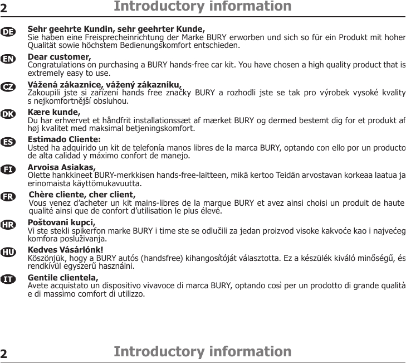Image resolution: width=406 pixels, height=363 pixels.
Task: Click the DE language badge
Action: coord(8,32)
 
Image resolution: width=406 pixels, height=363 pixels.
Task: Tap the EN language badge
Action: coord(8,59)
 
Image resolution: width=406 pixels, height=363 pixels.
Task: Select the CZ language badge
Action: coord(8,87)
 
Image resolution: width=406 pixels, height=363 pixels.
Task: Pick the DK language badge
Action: coord(8,114)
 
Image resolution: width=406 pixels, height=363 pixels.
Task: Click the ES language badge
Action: coord(8,142)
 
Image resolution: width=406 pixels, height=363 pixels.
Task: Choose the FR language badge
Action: coord(8,197)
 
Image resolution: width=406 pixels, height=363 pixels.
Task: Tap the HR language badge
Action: coord(8,225)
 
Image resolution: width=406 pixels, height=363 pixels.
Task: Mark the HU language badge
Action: coord(8,252)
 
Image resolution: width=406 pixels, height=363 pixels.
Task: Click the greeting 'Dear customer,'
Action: coord(59,57)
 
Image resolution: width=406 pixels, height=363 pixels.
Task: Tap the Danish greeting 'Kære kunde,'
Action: coord(54,112)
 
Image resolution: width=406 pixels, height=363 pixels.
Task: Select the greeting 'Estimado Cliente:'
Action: coord(64,139)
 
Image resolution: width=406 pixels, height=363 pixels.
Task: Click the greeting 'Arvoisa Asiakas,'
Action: coord(61,166)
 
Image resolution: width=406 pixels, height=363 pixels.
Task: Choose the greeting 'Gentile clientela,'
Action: coord(63,277)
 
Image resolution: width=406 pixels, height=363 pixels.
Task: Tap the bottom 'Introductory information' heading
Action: coord(202,352)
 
